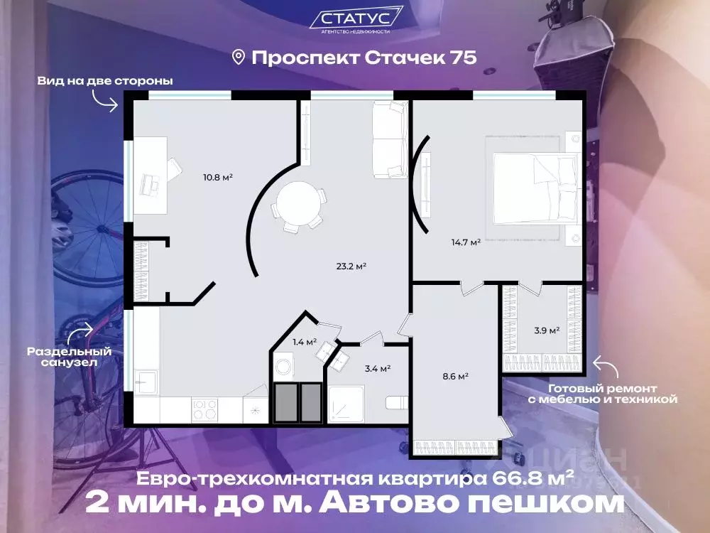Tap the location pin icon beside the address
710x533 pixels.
click(x=239, y=57)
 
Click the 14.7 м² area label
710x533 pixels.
click(x=466, y=242)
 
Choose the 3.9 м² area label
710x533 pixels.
click(x=547, y=330)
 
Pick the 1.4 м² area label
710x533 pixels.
click(x=305, y=342)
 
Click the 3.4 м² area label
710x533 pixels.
click(x=376, y=368)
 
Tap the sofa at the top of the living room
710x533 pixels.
click(x=390, y=139)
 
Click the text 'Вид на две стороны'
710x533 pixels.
click(x=105, y=81)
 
